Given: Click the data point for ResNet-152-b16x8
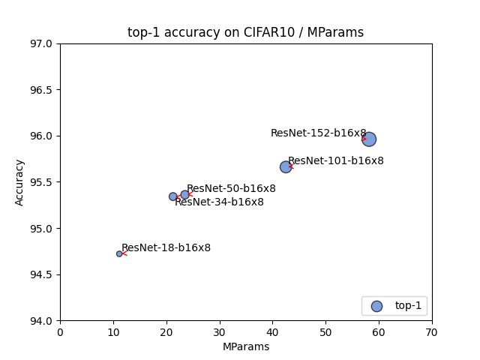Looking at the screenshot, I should click(369, 139).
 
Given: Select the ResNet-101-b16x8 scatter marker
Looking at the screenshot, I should click(286, 166).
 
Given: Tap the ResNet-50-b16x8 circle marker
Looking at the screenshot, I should click(184, 195).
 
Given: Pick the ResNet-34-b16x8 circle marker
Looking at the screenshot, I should click(173, 196).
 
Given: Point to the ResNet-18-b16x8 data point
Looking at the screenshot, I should click(119, 253).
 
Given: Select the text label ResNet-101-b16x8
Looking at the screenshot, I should click(335, 160).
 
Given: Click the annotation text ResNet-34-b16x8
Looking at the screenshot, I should click(219, 202).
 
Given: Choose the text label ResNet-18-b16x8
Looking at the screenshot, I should click(166, 247).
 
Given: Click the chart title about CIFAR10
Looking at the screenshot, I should click(245, 32).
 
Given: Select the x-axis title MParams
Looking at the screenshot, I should click(245, 346).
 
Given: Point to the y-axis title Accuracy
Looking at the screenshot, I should click(19, 182).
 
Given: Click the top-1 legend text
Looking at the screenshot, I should click(408, 306).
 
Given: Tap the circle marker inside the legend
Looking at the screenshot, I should click(376, 306).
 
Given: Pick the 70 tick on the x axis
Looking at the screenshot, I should click(432, 332).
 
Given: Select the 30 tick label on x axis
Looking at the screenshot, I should click(220, 332).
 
